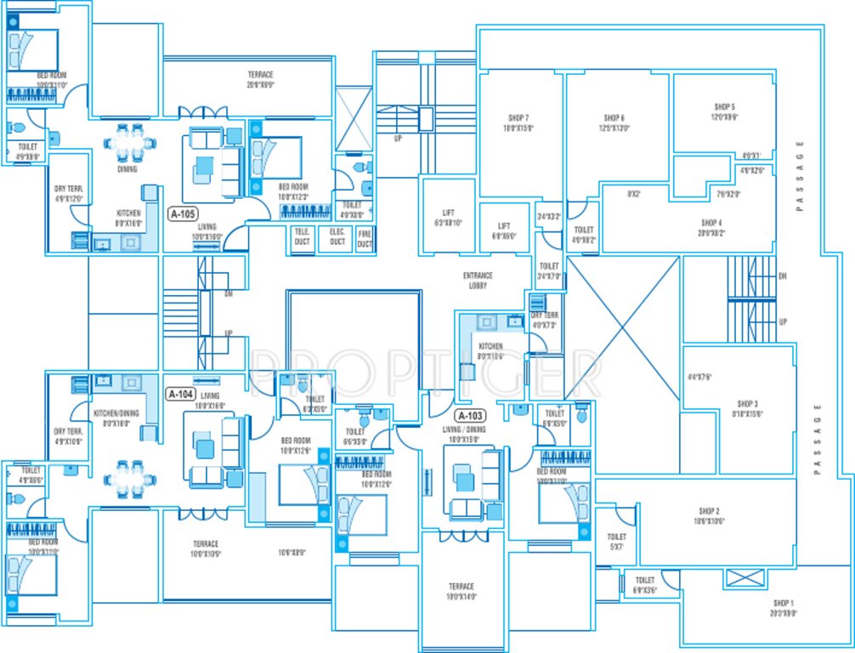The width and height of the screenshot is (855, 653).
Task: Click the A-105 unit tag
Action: (184, 214)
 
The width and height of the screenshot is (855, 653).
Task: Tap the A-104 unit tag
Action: (181, 395)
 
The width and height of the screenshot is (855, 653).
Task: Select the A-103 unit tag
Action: (470, 416)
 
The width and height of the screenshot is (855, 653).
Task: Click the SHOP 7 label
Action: (518, 118)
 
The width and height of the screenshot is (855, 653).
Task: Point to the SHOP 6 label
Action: (614, 118)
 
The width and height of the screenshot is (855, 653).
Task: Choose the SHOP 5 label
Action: (725, 107)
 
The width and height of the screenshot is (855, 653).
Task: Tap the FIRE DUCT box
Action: (365, 238)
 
